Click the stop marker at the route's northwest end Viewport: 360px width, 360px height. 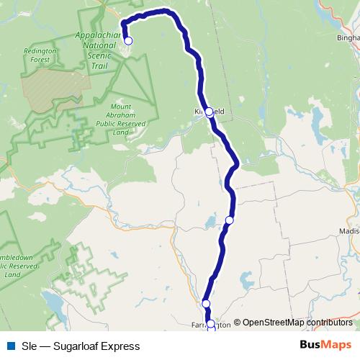128,40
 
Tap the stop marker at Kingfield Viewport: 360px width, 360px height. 209,112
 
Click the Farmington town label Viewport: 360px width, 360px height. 212,325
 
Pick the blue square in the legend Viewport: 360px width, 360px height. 9,346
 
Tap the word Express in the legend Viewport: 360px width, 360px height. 120,346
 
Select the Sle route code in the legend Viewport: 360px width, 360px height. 28,346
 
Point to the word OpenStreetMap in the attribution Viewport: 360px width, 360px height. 273,323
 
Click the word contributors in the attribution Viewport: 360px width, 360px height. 329,323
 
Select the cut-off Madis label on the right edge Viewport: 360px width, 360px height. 348,230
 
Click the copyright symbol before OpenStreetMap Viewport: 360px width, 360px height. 238,323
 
